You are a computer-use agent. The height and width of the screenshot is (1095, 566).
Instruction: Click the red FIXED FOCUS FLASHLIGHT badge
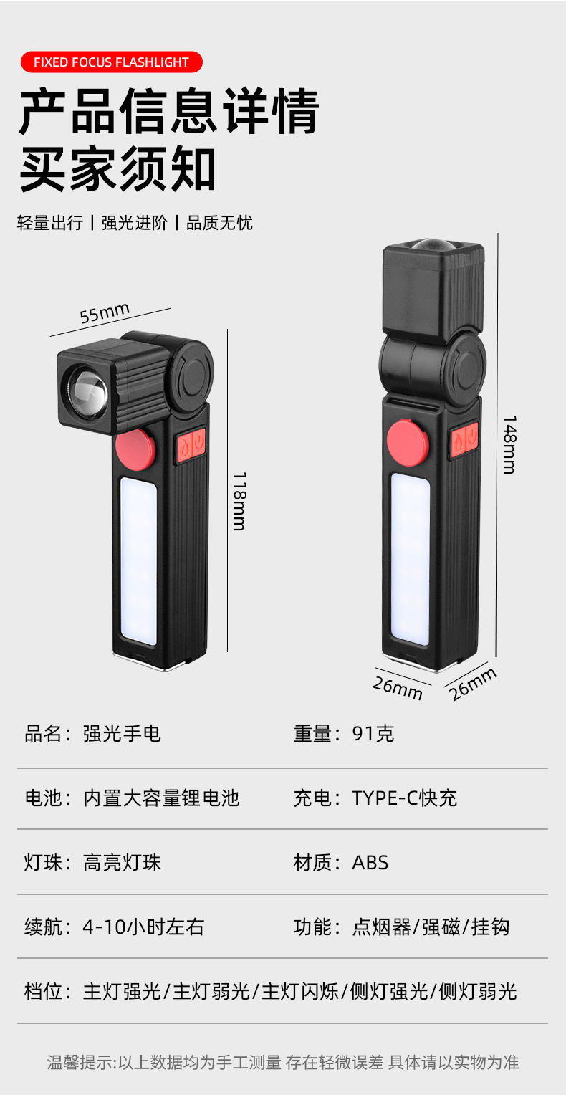pos(111,62)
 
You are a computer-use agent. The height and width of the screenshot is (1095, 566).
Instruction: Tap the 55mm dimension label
pos(105,313)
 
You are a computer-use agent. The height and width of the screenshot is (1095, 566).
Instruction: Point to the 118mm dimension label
pos(239,501)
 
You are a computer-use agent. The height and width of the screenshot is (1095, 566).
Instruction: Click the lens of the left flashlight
pos(87,393)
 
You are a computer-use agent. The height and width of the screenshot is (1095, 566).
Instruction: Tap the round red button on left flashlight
pos(135,448)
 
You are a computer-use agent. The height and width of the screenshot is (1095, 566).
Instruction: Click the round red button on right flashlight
pos(408,443)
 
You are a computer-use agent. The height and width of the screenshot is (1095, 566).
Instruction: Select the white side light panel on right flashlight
pos(410,559)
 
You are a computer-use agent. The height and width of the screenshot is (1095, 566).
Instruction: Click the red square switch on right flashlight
pos(464,439)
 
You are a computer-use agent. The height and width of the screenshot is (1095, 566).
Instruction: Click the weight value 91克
pos(373,734)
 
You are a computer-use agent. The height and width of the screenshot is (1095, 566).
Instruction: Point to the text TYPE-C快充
pos(404,798)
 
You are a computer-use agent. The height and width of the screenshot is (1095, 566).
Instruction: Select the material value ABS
pos(370,863)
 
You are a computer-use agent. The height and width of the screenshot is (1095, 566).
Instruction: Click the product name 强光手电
pos(122,734)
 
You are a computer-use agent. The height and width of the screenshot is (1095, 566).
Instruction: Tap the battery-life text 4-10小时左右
pos(143,927)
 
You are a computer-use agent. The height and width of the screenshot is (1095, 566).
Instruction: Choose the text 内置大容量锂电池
pos(161,798)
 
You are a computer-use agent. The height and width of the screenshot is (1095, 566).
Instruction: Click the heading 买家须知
pos(118,170)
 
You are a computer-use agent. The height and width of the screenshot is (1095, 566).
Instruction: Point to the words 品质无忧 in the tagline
pos(219,223)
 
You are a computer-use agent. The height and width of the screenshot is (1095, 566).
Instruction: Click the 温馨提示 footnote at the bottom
pos(283,1062)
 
